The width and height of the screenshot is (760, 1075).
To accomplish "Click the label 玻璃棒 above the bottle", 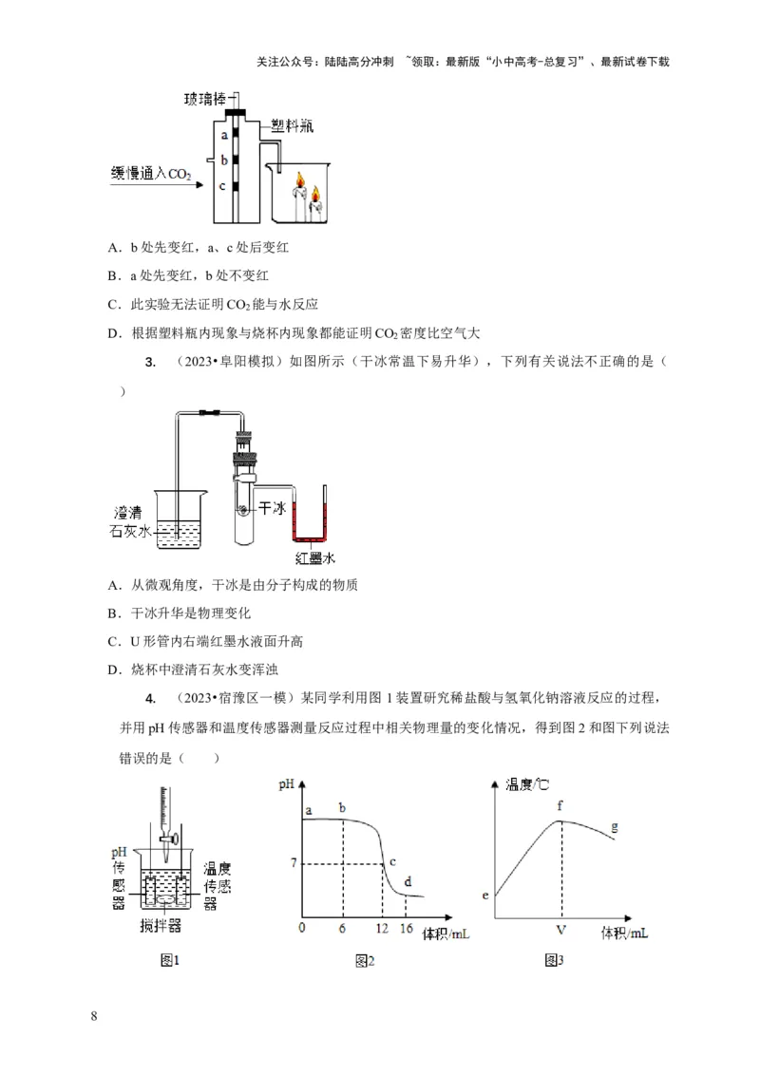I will click(x=206, y=98).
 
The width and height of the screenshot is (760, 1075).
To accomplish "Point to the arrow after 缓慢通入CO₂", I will click(x=200, y=183).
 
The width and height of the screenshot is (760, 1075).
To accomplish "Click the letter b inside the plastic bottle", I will click(x=222, y=160).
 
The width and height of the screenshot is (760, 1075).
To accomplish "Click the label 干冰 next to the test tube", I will click(x=273, y=509).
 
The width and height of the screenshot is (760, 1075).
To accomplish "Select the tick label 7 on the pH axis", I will click(x=294, y=862).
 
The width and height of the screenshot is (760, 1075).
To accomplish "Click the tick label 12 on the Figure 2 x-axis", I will click(x=381, y=928).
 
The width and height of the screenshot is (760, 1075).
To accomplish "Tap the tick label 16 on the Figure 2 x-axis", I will click(x=408, y=928).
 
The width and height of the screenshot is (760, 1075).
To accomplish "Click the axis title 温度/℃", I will click(x=527, y=783).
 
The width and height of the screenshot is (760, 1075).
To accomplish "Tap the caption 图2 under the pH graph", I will click(x=365, y=961).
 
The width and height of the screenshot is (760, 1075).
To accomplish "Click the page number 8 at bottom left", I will click(x=93, y=1017).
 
